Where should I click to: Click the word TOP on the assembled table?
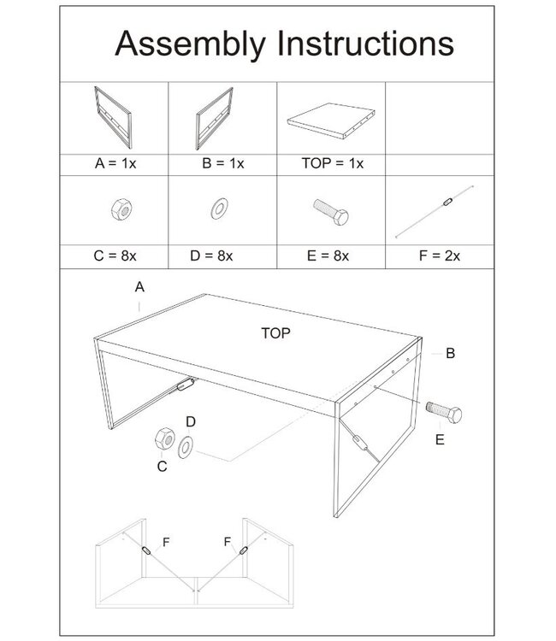point(276,334)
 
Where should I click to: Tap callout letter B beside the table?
point(450,351)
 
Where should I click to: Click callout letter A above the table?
point(139,288)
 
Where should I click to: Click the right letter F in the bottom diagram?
point(228,541)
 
